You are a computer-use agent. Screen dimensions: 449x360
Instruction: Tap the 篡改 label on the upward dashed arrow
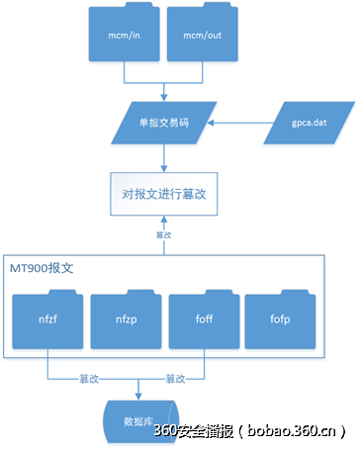163,235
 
